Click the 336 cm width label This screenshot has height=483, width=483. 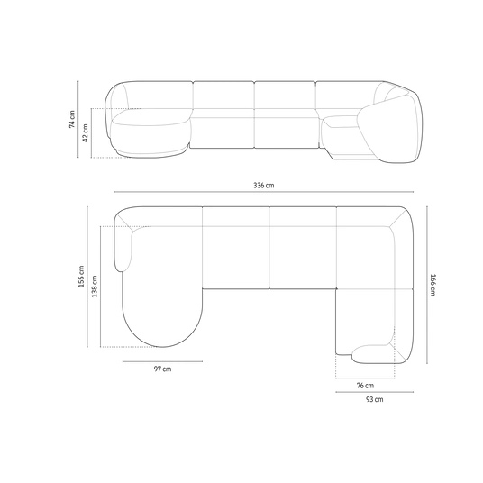(x=264, y=185)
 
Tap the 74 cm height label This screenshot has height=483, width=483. (x=72, y=119)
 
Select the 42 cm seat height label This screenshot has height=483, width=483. (x=86, y=132)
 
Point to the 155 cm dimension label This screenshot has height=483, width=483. (x=81, y=277)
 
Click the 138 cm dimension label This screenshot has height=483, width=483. (x=95, y=287)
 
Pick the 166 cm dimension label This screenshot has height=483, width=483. (x=433, y=285)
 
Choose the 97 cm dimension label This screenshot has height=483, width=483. (x=162, y=369)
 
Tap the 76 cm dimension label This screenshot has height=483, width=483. (x=365, y=386)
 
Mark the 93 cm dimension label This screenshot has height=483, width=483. (x=375, y=399)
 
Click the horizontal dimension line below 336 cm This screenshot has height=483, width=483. (x=264, y=192)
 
